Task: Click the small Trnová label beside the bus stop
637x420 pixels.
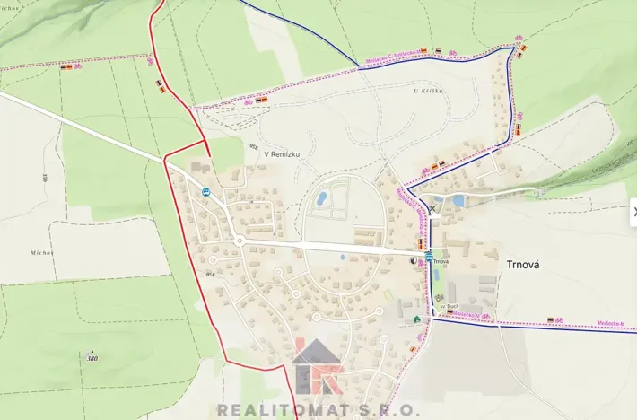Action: click(440, 261)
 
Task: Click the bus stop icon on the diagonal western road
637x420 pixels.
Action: click(205, 191)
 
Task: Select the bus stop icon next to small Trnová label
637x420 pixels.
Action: click(429, 257)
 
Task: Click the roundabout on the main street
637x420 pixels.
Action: click(240, 241)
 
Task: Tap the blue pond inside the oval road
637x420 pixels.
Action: click(321, 197)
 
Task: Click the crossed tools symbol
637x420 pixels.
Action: click(432, 208)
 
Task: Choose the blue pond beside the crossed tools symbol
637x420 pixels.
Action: click(458, 201)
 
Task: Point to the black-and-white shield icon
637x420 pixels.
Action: click(414, 260)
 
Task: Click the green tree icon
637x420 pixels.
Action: click(416, 318)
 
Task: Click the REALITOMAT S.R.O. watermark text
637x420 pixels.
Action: click(318, 409)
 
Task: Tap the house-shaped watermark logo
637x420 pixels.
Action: click(317, 363)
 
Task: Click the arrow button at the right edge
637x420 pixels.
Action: click(633, 212)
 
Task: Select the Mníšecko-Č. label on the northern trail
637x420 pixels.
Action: click(391, 57)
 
